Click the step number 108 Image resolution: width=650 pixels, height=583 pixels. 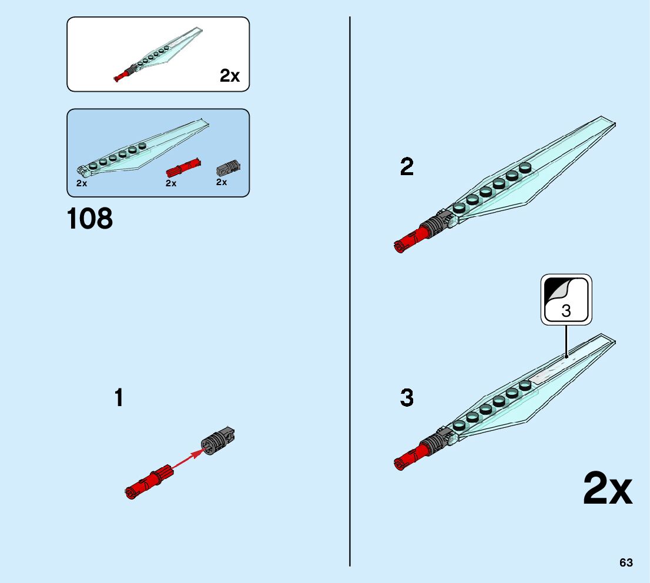[x=90, y=219]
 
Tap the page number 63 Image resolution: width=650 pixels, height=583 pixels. [x=626, y=563]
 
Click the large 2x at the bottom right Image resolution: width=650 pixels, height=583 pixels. [x=607, y=489]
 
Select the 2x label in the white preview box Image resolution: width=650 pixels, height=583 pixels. [x=230, y=76]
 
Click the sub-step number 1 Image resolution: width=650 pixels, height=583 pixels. [x=119, y=398]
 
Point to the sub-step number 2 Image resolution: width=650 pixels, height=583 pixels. [x=407, y=168]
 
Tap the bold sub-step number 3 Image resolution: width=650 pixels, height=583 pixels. [x=407, y=398]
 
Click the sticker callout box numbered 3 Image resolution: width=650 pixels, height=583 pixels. [x=566, y=299]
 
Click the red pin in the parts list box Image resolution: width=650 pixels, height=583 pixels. [x=183, y=169]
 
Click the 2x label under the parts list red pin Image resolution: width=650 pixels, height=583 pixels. [x=171, y=183]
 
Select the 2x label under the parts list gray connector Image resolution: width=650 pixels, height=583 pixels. [x=222, y=182]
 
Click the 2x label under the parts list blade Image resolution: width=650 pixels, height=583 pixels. [x=82, y=183]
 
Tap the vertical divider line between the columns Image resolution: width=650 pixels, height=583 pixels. [x=350, y=294]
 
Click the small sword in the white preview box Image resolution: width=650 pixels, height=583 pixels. [x=159, y=55]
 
